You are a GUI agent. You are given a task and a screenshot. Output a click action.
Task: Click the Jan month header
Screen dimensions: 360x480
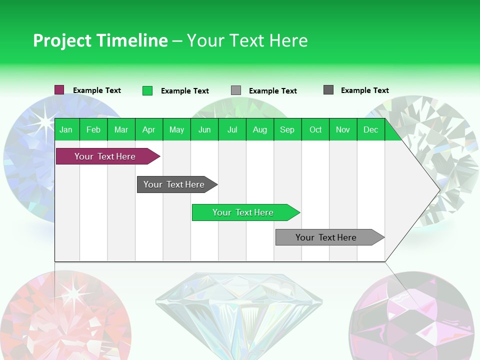click(66, 129)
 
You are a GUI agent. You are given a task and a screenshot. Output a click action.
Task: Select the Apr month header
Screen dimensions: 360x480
click(149, 129)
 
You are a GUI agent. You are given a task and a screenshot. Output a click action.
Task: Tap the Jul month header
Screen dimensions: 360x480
click(232, 129)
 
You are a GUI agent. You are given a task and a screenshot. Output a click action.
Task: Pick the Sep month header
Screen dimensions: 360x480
click(287, 129)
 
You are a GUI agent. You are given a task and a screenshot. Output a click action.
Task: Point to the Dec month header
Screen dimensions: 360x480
click(370, 129)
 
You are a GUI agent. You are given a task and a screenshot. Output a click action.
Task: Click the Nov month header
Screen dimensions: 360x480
click(343, 129)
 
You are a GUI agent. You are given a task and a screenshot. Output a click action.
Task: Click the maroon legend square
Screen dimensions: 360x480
click(59, 90)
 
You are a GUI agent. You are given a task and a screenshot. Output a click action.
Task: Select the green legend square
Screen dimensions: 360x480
click(147, 90)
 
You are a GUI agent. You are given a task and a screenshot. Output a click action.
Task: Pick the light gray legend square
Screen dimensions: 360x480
click(236, 90)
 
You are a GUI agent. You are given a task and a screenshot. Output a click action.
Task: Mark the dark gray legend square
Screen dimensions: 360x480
click(328, 90)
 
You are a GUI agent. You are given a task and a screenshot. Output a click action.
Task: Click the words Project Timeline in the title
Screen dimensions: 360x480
click(100, 40)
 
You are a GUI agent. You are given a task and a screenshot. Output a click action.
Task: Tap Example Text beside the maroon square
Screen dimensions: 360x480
click(97, 90)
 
